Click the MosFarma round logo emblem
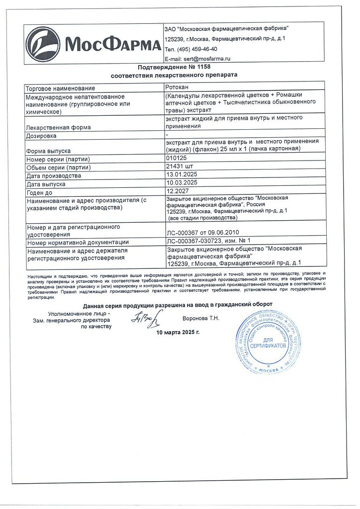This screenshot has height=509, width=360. pos(43,44)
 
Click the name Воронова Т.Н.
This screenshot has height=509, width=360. pos(201,317)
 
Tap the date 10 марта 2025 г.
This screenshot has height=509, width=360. pos(178,332)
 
